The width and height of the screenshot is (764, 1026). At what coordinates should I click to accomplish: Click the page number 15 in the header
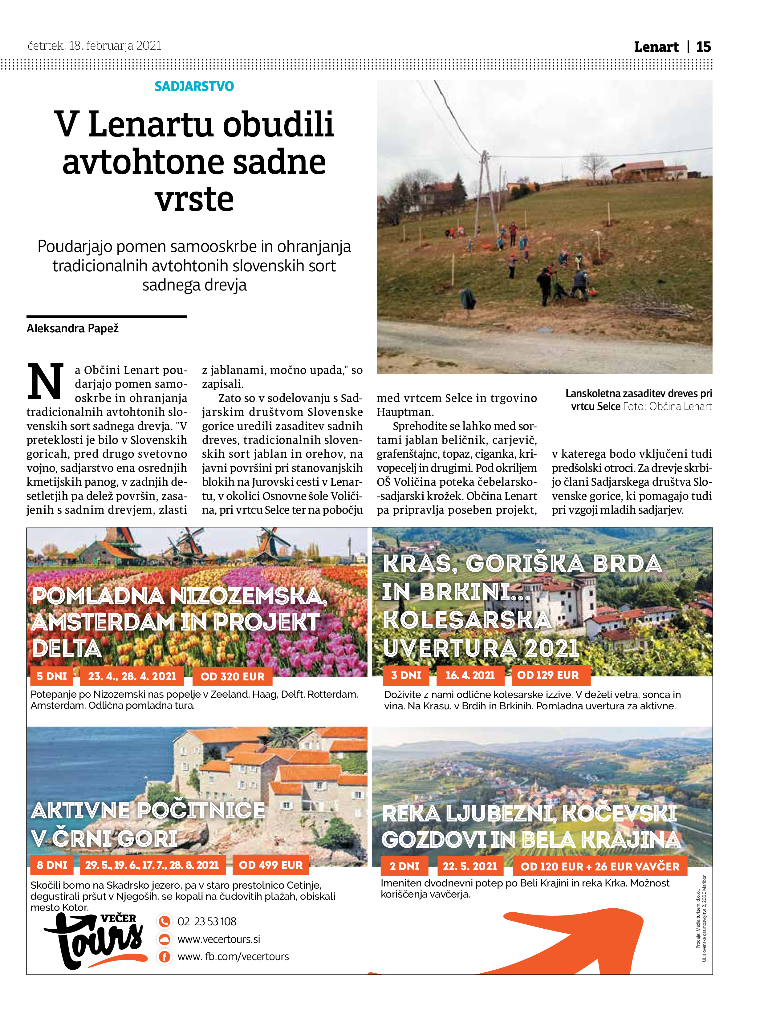click(703, 47)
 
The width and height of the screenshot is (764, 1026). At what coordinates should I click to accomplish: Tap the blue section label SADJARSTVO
click(194, 87)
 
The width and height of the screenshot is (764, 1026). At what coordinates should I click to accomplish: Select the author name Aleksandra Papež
click(73, 328)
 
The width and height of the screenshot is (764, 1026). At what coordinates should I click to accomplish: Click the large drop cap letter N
click(45, 382)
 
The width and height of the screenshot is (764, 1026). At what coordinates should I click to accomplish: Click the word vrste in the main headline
click(194, 199)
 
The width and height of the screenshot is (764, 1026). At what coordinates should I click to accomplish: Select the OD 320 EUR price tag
click(232, 676)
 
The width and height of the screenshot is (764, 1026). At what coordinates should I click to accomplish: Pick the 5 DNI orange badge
click(52, 676)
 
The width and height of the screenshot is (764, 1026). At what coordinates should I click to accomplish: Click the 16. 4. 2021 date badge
click(470, 675)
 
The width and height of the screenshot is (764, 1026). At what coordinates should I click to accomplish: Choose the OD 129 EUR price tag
click(548, 675)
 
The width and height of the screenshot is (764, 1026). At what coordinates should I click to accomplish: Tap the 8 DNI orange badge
click(52, 865)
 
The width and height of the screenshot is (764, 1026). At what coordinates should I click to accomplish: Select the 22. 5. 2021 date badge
click(470, 866)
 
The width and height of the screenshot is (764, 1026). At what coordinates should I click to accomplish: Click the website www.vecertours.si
click(219, 939)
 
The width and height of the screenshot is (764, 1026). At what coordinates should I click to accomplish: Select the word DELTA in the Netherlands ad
click(67, 648)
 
